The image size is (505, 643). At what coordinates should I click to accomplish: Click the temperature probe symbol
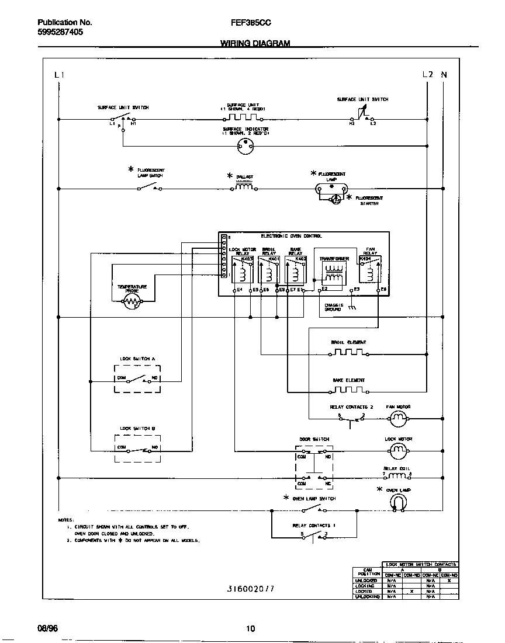coord(133,302)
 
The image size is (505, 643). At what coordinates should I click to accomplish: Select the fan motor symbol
coord(398,418)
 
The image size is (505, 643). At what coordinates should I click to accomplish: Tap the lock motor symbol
coord(398,450)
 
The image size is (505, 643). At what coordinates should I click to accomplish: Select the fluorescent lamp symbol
coord(332,189)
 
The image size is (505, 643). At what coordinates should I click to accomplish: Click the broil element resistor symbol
coord(349,352)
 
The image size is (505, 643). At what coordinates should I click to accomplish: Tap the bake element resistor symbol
coord(349,390)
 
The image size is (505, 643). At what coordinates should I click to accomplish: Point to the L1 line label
coord(58,75)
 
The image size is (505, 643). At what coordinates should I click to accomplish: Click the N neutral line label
coord(444,75)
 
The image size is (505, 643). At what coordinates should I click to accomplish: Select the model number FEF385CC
coord(251,23)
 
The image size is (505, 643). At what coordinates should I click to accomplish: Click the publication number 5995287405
coord(56,33)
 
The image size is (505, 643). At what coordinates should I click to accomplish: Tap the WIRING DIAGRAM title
coord(255,44)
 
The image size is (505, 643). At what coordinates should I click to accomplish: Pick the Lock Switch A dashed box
coord(137,378)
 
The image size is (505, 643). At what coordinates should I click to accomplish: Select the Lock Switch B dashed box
coord(137,449)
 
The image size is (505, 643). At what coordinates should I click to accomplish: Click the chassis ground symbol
coord(351,307)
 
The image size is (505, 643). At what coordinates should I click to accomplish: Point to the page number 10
coord(250,629)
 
